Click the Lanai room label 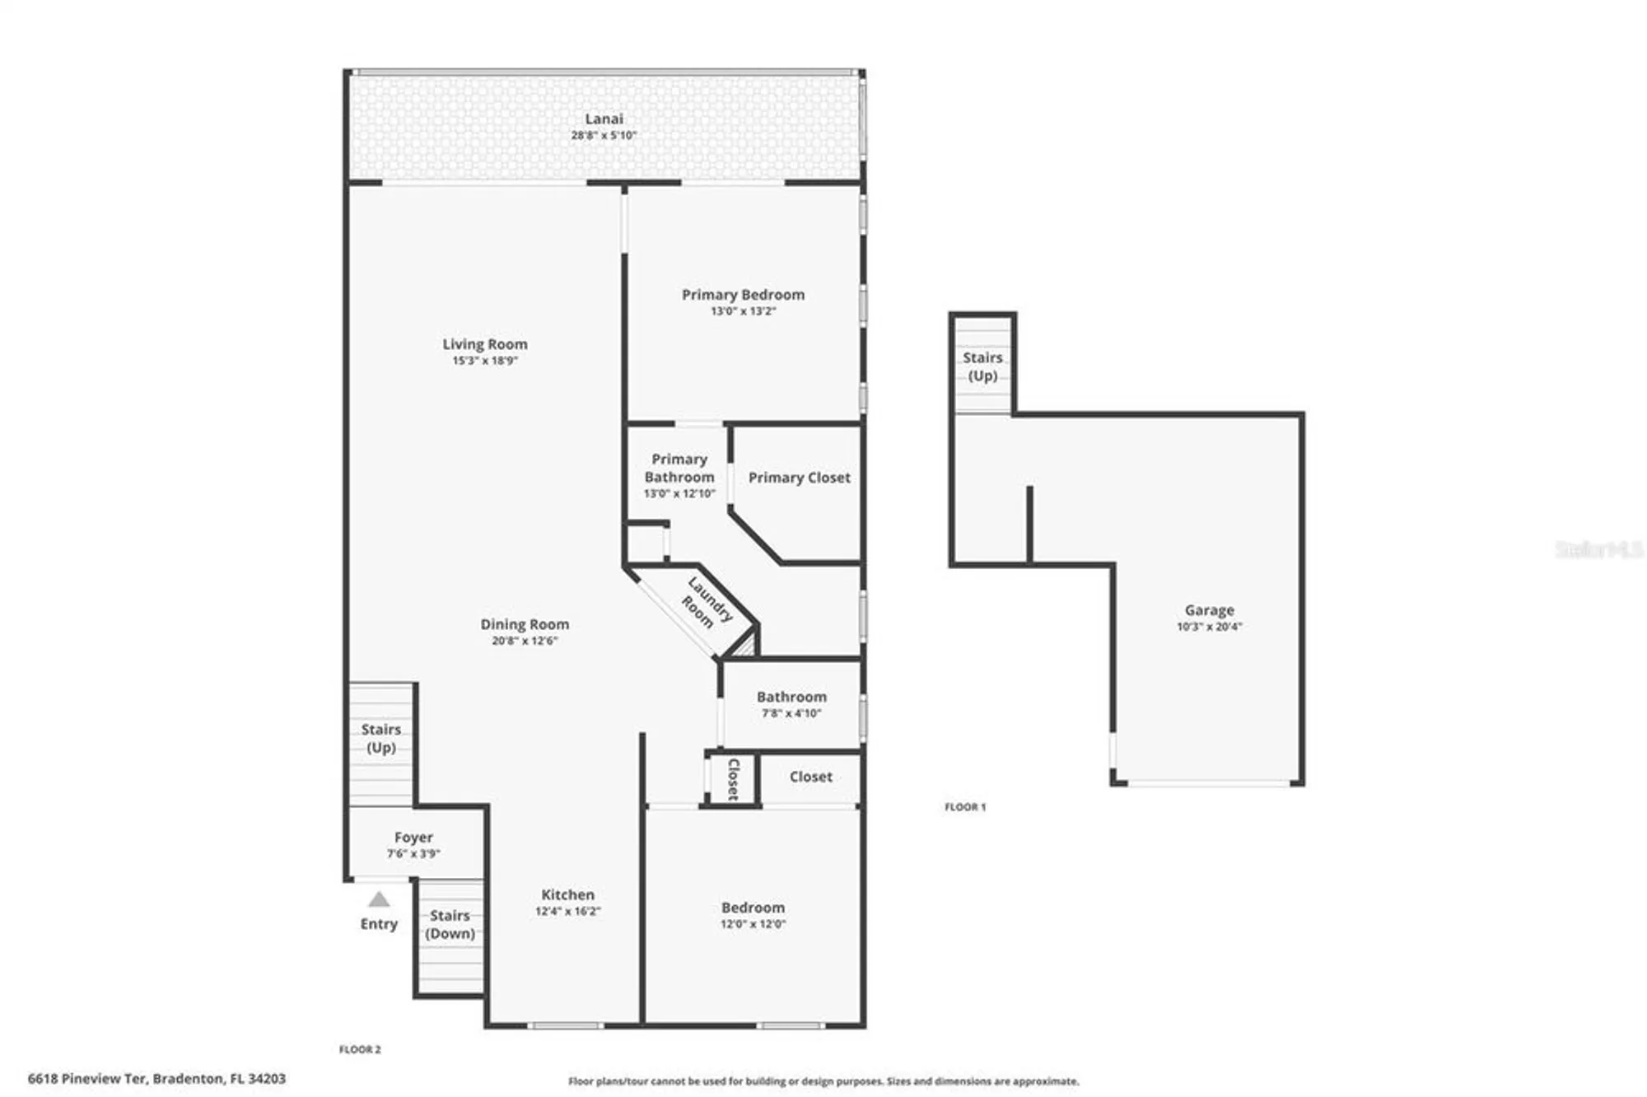[604, 119]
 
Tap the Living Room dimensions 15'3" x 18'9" [485, 361]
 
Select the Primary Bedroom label [743, 294]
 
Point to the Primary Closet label [799, 478]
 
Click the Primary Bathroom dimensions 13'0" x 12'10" [679, 493]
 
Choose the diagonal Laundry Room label [704, 604]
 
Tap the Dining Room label [525, 624]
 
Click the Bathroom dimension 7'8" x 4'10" [791, 713]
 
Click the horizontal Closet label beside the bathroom [810, 777]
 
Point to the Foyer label [413, 837]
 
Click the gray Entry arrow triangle [379, 899]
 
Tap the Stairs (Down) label [450, 924]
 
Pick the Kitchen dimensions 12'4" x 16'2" [567, 911]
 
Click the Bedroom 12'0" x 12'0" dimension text [753, 924]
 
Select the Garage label [1209, 610]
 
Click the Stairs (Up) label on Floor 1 [982, 366]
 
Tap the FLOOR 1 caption [964, 807]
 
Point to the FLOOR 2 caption [360, 1049]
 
